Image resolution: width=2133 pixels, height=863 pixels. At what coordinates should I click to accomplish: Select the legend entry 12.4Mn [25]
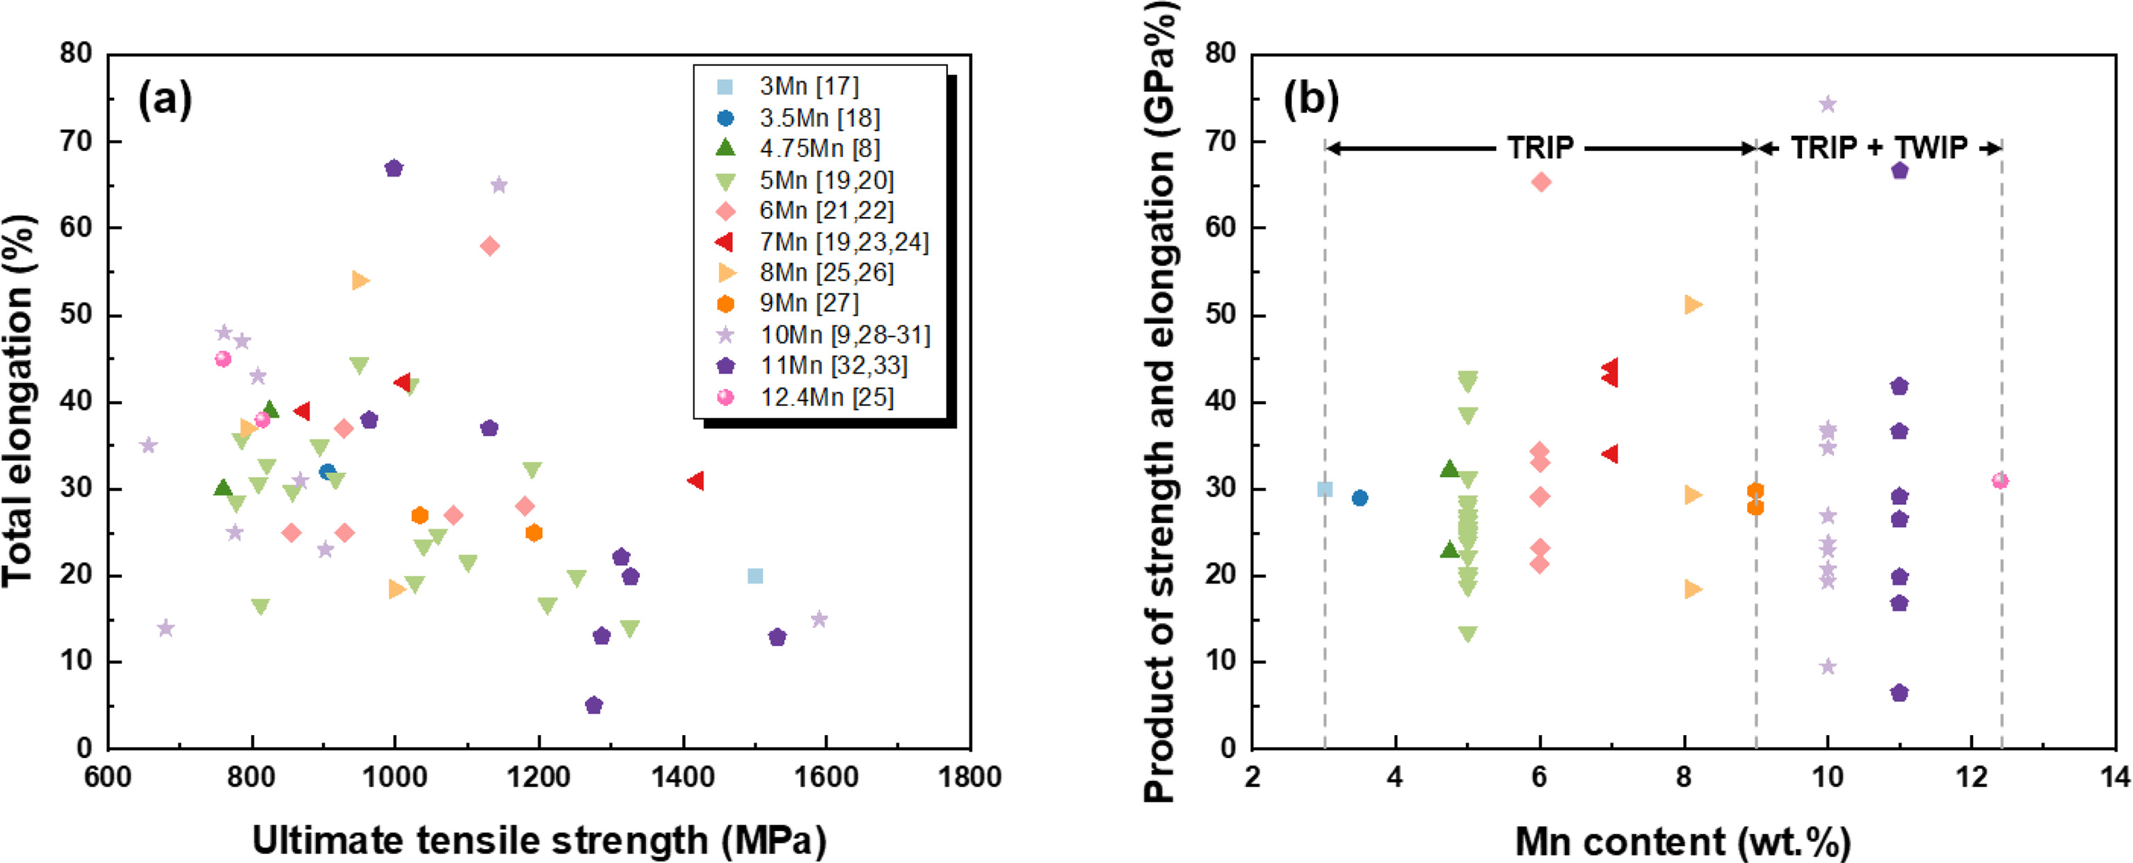point(826,398)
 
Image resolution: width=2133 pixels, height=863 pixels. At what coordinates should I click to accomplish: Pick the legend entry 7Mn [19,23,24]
point(844,242)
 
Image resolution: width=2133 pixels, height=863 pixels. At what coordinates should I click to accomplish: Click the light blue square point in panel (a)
point(755,576)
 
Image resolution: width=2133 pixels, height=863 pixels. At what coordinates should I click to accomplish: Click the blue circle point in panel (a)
point(328,472)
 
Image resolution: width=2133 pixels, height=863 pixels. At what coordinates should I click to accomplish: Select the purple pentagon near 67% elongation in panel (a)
point(394,168)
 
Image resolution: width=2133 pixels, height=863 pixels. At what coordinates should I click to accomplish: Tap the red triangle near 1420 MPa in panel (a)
point(695,481)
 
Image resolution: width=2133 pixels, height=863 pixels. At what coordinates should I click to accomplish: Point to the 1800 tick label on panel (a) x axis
point(969,777)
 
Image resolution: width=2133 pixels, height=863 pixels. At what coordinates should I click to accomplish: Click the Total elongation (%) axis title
point(18,401)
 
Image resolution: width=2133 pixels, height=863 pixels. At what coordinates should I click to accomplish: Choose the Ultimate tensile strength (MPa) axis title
point(539,840)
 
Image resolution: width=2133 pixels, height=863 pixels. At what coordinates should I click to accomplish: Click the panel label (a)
point(165,99)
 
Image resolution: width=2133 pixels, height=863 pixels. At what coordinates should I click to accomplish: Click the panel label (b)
point(1311,99)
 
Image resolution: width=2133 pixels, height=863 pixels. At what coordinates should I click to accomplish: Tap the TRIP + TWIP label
point(1878,147)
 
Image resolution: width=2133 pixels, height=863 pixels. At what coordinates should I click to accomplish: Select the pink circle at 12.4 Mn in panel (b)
point(1999,481)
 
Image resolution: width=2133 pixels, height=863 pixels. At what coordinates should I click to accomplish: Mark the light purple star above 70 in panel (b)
point(1828,104)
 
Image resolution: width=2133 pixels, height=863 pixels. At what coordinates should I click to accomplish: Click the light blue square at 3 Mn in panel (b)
point(1325,490)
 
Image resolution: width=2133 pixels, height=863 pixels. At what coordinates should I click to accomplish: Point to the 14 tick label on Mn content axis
point(2115,777)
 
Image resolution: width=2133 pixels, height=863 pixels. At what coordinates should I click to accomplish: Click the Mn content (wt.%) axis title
point(1682,841)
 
